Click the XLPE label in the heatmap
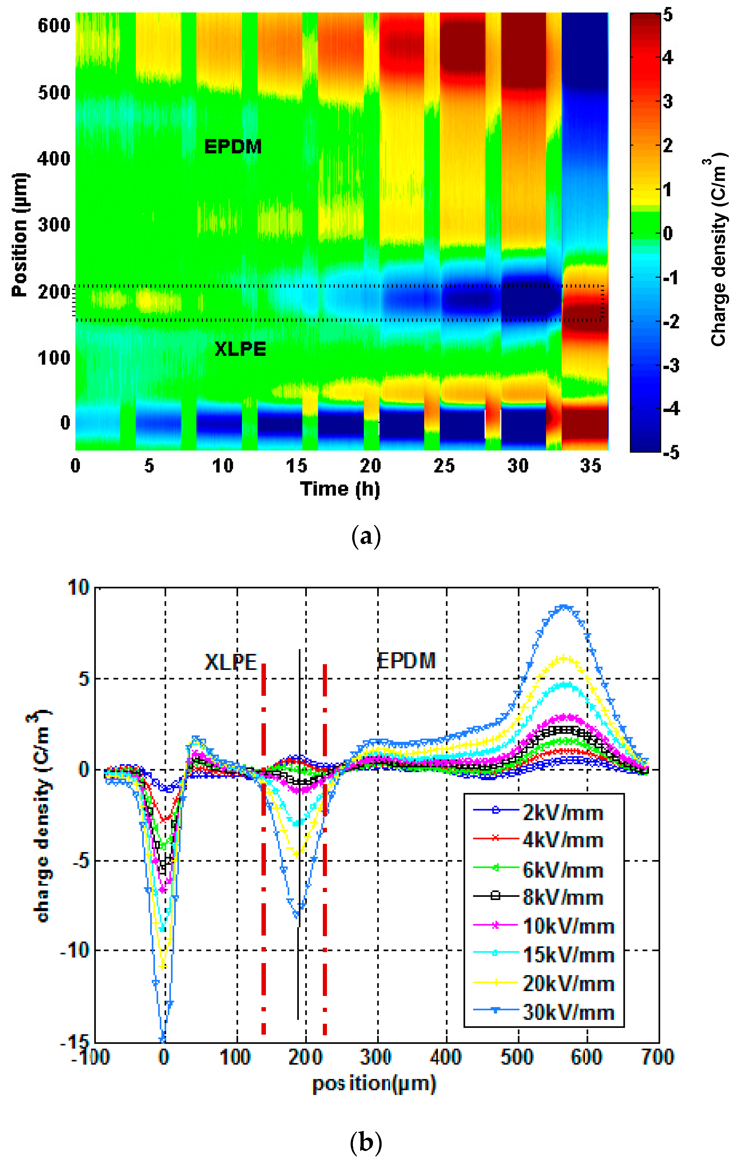click(x=240, y=349)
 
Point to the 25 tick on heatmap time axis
click(x=444, y=466)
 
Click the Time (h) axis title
click(x=340, y=489)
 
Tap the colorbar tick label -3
click(x=671, y=365)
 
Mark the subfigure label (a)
click(x=366, y=537)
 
